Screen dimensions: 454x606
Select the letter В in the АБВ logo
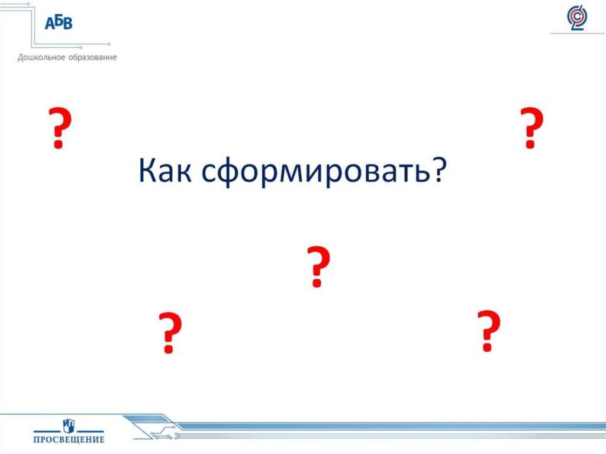(67, 24)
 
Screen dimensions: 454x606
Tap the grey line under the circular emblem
(577, 34)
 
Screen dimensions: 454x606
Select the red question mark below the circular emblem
(531, 128)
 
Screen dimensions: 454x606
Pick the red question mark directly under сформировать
(317, 267)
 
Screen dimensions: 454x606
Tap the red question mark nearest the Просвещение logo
(169, 333)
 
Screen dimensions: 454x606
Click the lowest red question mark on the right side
(487, 331)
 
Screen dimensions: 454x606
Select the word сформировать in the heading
(308, 172)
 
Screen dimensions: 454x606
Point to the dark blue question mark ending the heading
(437, 170)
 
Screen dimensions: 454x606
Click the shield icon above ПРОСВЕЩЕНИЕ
(69, 424)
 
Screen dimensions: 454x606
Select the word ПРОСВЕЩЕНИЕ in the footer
(69, 439)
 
